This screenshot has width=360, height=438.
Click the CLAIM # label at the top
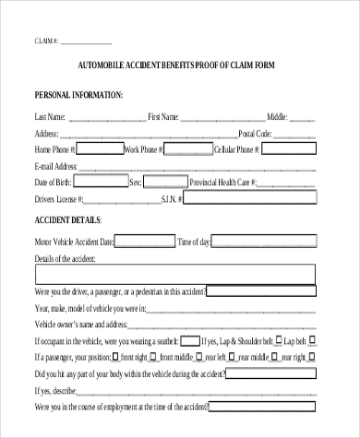click(x=46, y=42)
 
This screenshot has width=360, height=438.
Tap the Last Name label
click(x=50, y=117)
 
